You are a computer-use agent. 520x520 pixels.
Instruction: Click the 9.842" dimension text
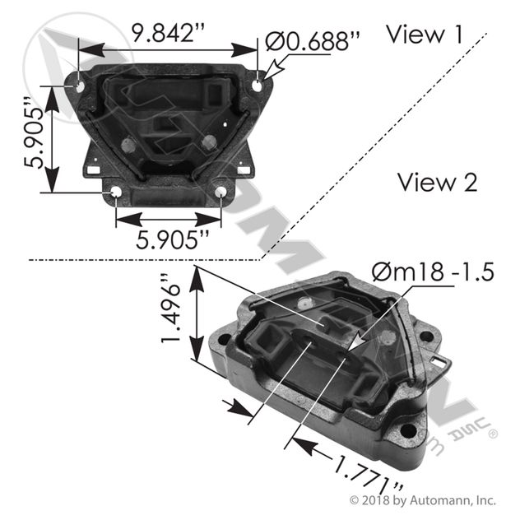click(167, 34)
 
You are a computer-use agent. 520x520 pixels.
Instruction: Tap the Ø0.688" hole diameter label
click(313, 41)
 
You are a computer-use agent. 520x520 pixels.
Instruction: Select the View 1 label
click(425, 34)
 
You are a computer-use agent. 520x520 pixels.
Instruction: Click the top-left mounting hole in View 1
click(79, 83)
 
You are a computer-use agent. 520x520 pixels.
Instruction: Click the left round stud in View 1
click(127, 146)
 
